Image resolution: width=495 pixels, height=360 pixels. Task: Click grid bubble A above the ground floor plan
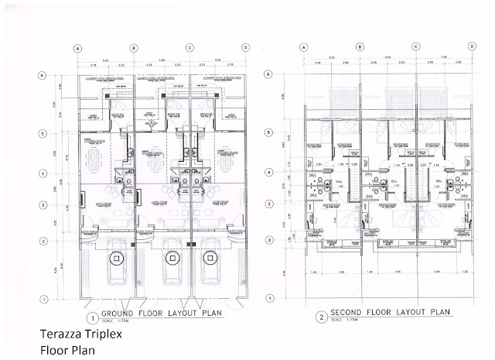(78, 48)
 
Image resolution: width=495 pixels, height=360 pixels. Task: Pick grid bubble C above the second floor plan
(415, 47)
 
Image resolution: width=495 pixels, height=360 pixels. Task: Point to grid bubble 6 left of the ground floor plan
(43, 75)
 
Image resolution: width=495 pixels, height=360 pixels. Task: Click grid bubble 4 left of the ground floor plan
(43, 173)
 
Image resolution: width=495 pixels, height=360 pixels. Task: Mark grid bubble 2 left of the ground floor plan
(43, 240)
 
